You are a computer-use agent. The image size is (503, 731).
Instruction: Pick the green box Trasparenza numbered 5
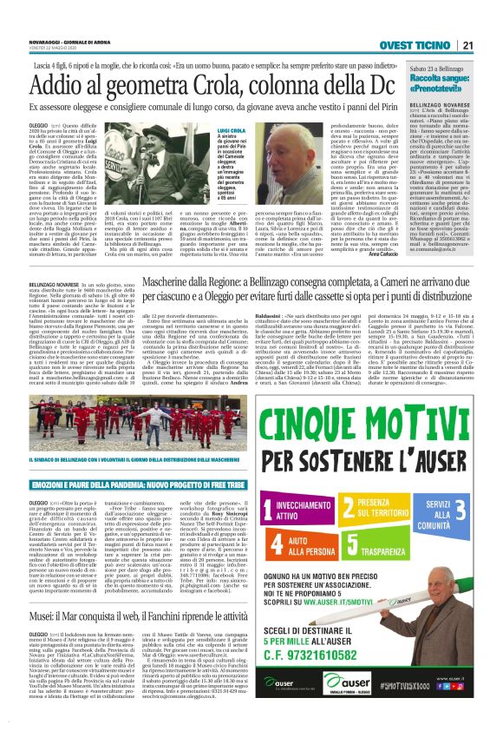point(395,524)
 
